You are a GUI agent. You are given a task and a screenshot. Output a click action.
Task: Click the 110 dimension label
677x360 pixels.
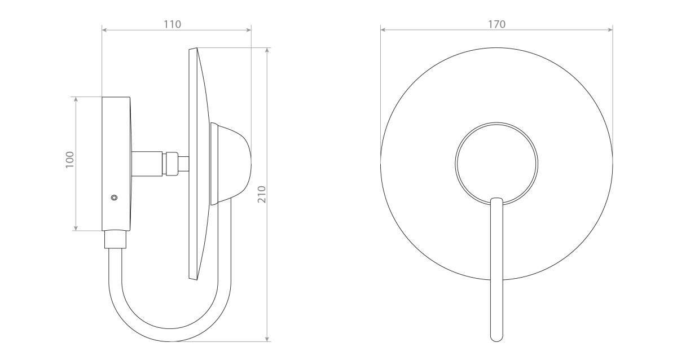(x=172, y=24)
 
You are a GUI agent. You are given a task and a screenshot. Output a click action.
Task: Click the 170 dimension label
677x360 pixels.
(x=496, y=24)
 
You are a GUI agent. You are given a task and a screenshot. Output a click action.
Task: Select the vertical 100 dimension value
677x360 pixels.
(x=70, y=160)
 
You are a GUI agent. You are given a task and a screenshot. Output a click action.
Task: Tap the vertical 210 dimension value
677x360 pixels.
(x=262, y=194)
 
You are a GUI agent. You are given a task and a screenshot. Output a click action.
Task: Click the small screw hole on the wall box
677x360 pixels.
(x=114, y=197)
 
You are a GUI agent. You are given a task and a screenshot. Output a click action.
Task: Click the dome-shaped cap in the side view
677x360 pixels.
(x=231, y=164)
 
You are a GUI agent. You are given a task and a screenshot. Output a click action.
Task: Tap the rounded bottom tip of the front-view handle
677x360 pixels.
(x=496, y=341)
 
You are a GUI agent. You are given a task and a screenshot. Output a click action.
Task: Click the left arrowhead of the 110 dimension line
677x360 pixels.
(x=104, y=30)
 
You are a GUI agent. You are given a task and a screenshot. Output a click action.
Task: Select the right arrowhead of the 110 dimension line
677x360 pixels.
(x=249, y=30)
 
